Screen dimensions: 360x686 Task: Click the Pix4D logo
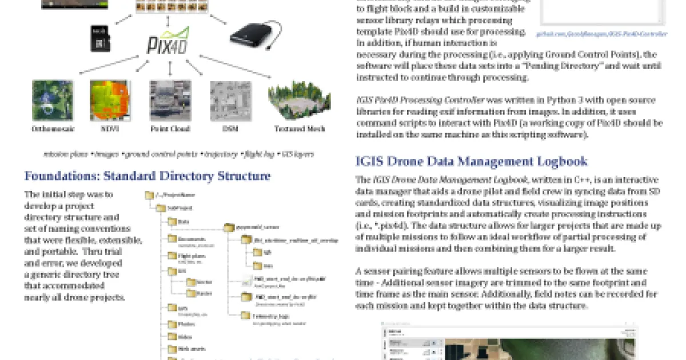tap(169, 41)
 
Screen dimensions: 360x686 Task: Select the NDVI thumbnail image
tap(110, 101)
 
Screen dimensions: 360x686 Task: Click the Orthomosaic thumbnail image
tap(53, 101)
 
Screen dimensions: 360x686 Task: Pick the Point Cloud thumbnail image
tap(170, 101)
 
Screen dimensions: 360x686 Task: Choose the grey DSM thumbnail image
tap(230, 101)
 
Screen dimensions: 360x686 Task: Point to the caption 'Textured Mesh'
tap(299, 129)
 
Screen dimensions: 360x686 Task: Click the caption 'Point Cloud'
tap(170, 129)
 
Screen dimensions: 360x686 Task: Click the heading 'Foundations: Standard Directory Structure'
tap(147, 176)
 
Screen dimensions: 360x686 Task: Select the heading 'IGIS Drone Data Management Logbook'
tap(471, 162)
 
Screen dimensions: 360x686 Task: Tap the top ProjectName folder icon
tap(150, 195)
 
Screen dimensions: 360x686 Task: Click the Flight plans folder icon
tap(173, 256)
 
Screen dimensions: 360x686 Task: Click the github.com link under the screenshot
tap(601, 34)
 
